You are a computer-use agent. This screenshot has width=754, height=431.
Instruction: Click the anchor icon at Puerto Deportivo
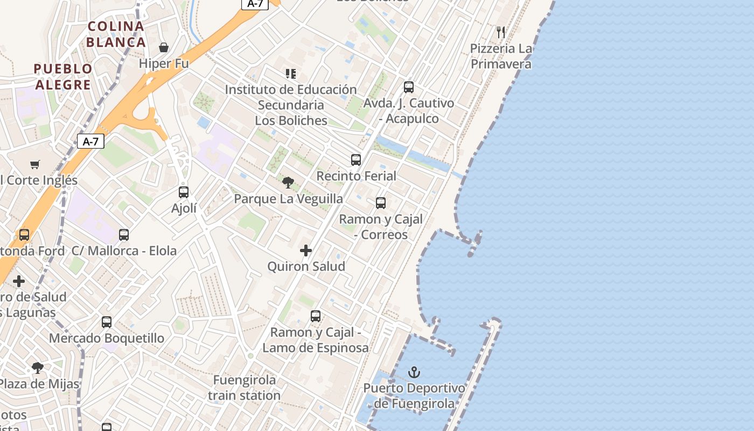tap(414, 372)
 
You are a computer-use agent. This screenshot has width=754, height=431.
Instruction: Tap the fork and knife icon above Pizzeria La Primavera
tap(501, 32)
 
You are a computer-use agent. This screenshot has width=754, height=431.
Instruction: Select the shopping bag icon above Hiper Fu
tap(164, 47)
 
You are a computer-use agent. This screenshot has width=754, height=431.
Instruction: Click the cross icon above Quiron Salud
tap(306, 251)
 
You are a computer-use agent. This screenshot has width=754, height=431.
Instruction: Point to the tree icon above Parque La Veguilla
tap(288, 183)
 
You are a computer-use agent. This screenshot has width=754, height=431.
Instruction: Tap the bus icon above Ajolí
tap(184, 192)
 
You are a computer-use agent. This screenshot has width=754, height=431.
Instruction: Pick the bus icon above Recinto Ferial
tap(355, 160)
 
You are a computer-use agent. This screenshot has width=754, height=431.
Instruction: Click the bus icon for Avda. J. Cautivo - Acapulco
tap(409, 87)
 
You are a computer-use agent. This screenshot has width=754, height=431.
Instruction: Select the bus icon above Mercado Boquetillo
tap(107, 322)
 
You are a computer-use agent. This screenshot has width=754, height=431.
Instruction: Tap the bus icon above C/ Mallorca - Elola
tap(124, 235)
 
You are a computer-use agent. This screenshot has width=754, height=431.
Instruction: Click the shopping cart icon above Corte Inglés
tap(35, 164)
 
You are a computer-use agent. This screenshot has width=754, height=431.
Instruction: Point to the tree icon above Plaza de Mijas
tap(37, 368)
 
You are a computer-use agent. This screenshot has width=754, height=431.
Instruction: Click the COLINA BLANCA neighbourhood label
tap(116, 34)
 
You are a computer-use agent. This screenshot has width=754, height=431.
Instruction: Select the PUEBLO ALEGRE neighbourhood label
tap(63, 77)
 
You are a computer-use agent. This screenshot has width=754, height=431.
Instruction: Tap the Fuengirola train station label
tap(245, 387)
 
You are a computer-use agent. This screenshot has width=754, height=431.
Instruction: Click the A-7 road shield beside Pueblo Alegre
tap(90, 142)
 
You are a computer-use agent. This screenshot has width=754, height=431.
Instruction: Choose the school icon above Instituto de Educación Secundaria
tap(291, 73)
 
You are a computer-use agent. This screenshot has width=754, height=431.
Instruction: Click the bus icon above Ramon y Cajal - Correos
tap(381, 203)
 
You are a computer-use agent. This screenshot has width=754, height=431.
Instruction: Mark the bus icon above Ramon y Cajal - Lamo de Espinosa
tap(316, 316)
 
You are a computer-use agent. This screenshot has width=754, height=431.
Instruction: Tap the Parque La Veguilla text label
tap(288, 199)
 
